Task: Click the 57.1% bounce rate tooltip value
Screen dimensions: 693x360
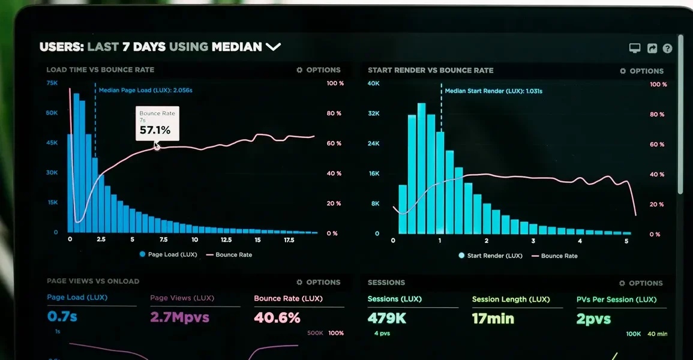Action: (155, 130)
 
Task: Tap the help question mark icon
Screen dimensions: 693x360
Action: (667, 49)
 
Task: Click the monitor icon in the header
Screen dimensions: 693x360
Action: (635, 48)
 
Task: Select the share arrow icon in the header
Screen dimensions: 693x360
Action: (652, 48)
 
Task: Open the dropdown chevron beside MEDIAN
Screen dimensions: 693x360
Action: (273, 46)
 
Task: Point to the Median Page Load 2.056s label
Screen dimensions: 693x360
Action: (145, 90)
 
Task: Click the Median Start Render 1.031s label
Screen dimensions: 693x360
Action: (493, 91)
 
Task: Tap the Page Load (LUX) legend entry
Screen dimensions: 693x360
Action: (169, 254)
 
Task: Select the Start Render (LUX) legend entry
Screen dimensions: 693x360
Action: (491, 256)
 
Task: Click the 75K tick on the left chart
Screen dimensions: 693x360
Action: (52, 83)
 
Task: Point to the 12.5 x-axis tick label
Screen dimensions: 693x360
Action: (226, 240)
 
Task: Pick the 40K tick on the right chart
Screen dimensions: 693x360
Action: (373, 83)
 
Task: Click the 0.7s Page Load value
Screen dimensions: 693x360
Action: (62, 316)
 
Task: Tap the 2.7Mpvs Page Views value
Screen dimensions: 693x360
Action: (179, 317)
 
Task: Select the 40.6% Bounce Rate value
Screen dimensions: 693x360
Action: (277, 317)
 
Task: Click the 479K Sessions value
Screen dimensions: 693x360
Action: (387, 318)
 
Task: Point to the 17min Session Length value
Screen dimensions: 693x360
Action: (493, 319)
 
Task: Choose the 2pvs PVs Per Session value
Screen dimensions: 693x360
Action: (593, 319)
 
